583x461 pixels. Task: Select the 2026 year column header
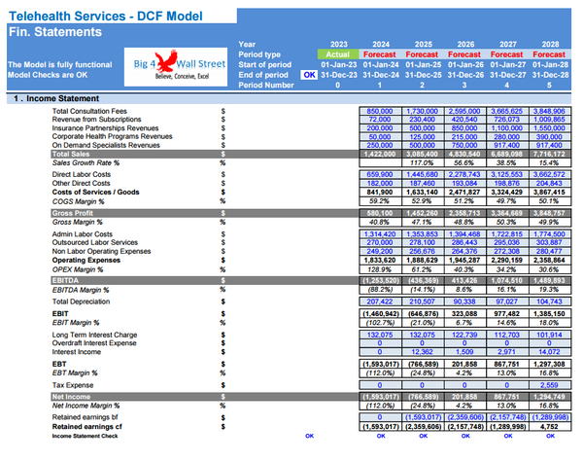[x=465, y=44]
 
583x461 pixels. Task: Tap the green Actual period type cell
[x=339, y=54]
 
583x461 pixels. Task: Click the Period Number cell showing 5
[x=552, y=85]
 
